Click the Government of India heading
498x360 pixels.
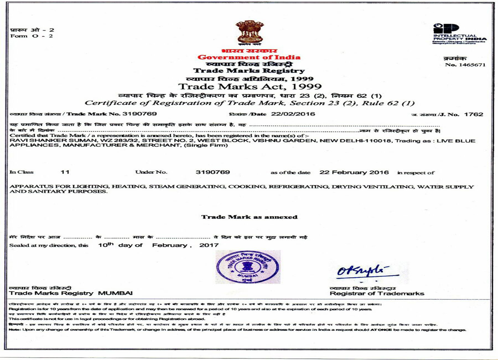(x=249, y=58)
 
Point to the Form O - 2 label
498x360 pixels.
(x=32, y=37)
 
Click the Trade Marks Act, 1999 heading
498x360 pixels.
(x=249, y=86)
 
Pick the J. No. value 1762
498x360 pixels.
(x=476, y=114)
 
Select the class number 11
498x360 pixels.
(x=65, y=172)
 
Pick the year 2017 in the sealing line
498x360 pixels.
(x=209, y=245)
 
